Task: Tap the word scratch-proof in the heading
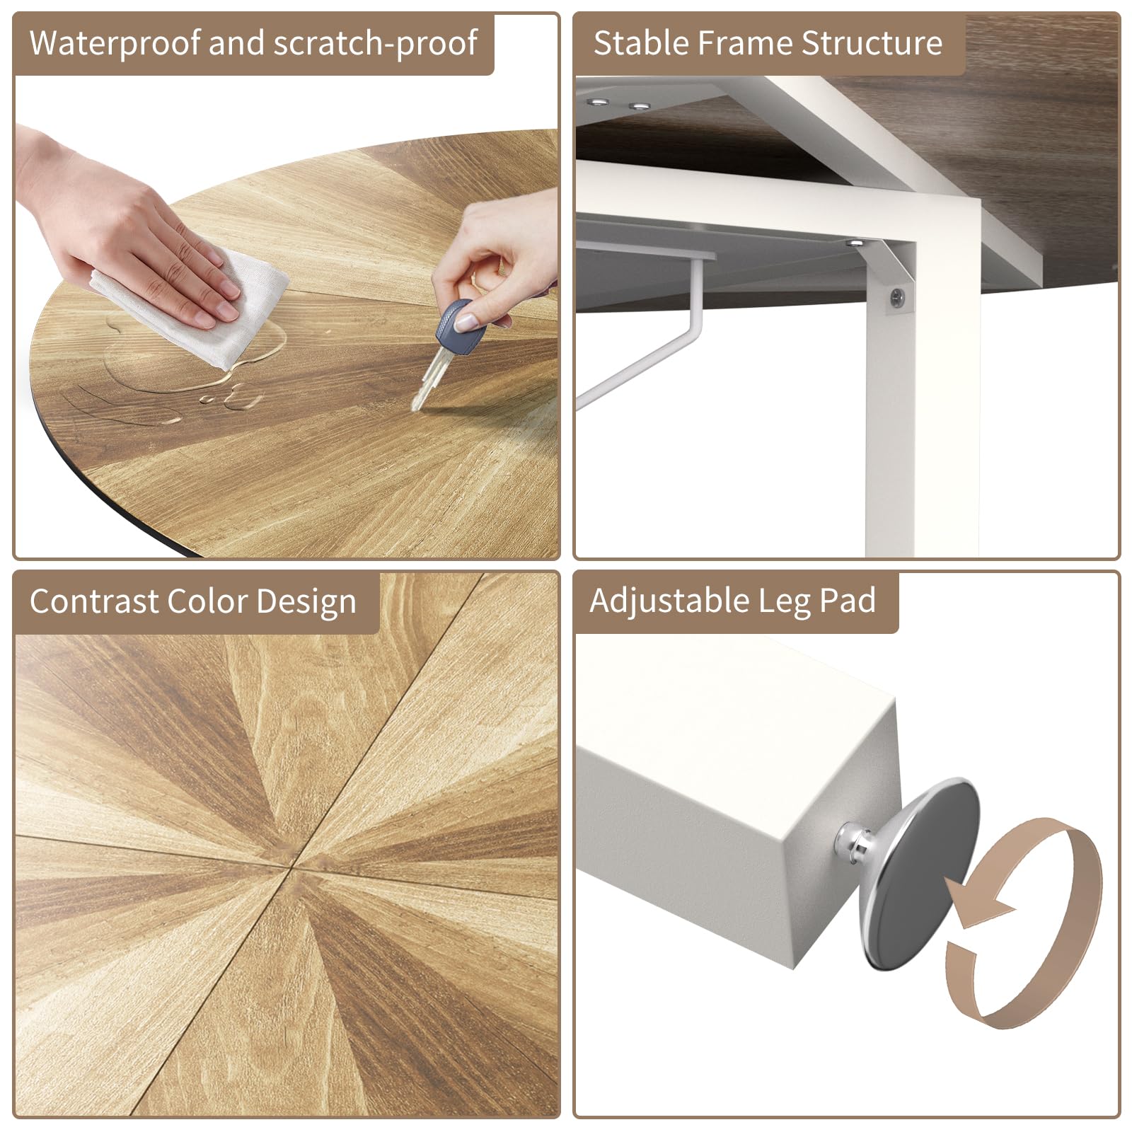pyautogui.click(x=375, y=44)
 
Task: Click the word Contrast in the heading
pyautogui.click(x=93, y=601)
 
